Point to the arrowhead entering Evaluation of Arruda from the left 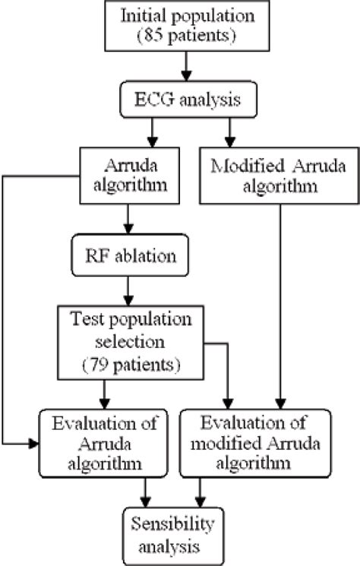tap(33, 441)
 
